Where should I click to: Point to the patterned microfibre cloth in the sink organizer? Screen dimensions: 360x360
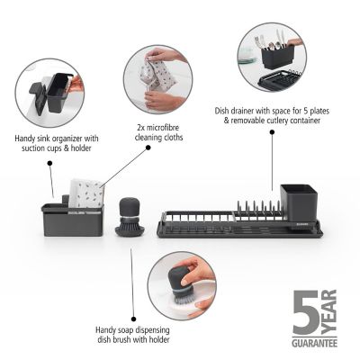point(88,192)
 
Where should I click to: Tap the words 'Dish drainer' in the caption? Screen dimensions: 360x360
point(236,112)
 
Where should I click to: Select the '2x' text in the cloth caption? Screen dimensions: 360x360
point(142,130)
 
